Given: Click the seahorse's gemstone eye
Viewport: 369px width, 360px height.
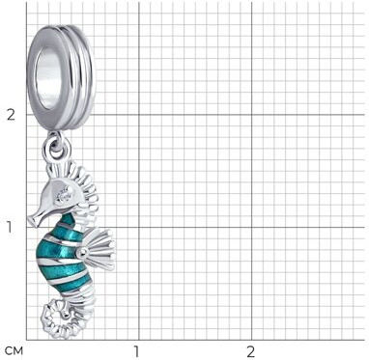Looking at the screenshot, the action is pos(64,195).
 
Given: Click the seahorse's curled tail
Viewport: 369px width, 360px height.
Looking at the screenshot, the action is pos(56,318).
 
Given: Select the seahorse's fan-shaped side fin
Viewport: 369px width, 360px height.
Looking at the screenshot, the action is pos(99,248).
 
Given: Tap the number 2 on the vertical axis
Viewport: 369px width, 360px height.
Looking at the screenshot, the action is pos(12,115).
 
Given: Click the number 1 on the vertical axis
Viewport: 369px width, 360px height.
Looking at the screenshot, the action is pos(9,227).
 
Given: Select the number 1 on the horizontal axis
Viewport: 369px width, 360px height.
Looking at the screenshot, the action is pos(136,351).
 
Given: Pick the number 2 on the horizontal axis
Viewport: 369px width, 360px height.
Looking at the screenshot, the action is pos(250,351).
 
